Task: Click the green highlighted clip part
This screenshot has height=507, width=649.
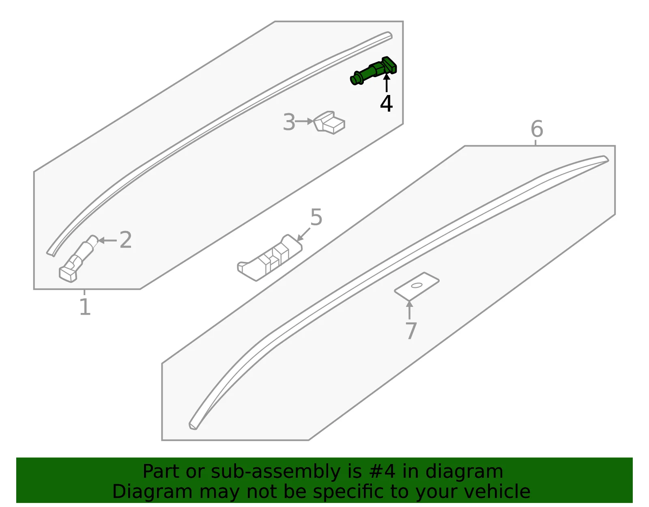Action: pos(373,71)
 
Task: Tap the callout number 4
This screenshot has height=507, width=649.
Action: pos(386,104)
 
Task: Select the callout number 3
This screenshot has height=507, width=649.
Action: pos(289,122)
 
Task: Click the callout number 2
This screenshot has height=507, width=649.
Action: pos(125,240)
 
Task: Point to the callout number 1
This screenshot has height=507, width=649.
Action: pos(85,307)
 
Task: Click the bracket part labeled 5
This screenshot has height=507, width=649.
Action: pos(269,258)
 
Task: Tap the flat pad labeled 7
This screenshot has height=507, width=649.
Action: pos(417,286)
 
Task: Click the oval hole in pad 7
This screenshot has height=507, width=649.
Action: pos(417,285)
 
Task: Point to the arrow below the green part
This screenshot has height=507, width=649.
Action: pos(387,83)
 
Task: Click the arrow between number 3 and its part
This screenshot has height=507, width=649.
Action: pos(304,121)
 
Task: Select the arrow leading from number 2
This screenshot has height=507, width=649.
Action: pos(107,240)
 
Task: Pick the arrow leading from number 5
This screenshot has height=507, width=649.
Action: pos(303,234)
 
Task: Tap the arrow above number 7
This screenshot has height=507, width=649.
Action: pos(409,310)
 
